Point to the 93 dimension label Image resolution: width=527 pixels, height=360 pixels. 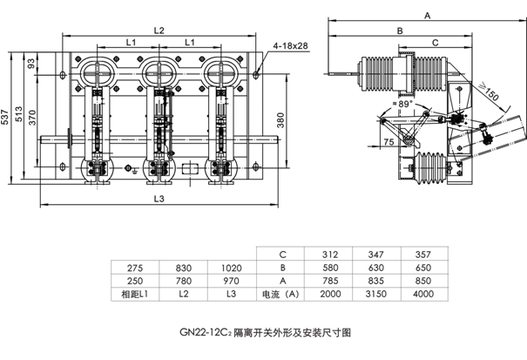coord(32,63)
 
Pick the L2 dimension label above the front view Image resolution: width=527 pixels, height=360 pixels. coord(159,31)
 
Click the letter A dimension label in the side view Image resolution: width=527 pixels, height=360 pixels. coord(427,16)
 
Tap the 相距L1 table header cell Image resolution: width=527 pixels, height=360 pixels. coord(134,294)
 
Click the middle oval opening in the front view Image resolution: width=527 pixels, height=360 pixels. coord(159,70)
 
